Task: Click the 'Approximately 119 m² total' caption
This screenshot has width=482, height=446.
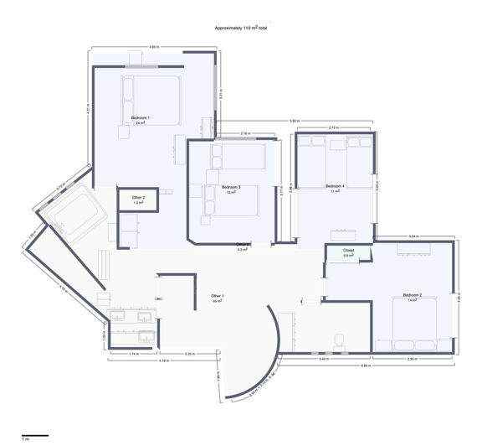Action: [x=241, y=29]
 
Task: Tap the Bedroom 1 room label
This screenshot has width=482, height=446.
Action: [x=141, y=120]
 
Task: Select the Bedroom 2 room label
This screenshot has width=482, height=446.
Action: [x=411, y=297]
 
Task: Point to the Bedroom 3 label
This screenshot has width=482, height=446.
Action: [x=231, y=189]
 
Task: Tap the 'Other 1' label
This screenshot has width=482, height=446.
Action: [x=218, y=298]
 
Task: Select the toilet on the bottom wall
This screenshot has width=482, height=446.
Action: [x=339, y=339]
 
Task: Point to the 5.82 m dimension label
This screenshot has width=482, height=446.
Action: [x=295, y=121]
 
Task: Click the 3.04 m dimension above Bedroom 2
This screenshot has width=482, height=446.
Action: [x=413, y=237]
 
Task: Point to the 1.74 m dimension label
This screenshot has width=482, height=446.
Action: [x=135, y=355]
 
